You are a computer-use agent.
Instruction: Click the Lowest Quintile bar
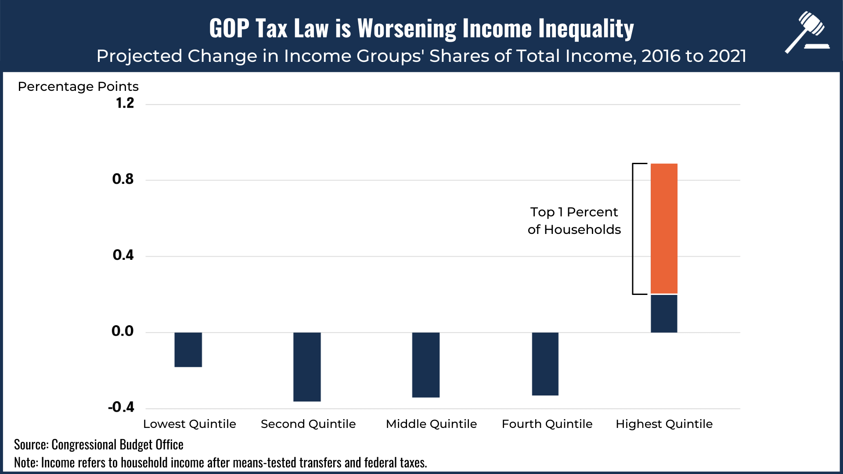tap(188, 349)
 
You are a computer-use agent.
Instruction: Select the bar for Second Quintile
tap(307, 366)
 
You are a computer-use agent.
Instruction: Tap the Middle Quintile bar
tap(426, 365)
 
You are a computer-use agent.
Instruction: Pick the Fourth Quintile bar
tap(545, 364)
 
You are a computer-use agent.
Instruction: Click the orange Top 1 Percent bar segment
tap(664, 228)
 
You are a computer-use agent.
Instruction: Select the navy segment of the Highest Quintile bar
tap(664, 313)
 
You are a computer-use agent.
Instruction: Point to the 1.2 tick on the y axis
tap(125, 103)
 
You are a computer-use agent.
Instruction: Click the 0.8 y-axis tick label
tap(123, 179)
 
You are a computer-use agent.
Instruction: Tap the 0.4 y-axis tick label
tap(123, 255)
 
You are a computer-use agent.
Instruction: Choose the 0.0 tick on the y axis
tap(122, 331)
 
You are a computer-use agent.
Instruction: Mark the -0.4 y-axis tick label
tap(121, 407)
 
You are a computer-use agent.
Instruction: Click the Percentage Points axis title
tap(78, 86)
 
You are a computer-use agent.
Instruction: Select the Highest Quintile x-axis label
tap(664, 424)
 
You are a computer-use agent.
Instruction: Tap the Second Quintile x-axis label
tap(308, 424)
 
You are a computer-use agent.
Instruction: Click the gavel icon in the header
tap(807, 32)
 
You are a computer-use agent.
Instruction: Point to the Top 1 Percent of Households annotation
tap(574, 221)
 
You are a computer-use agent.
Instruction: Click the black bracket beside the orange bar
tap(634, 228)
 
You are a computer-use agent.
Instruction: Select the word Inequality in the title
tap(586, 29)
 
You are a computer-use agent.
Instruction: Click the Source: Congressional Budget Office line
tap(99, 445)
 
